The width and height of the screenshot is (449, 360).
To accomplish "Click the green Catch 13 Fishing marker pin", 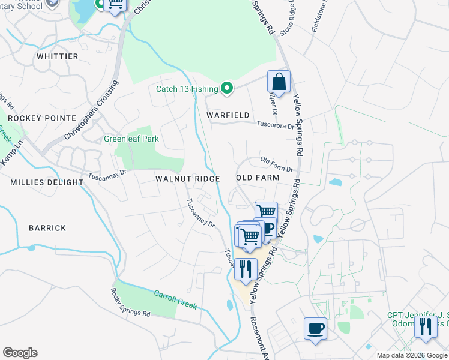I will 227,89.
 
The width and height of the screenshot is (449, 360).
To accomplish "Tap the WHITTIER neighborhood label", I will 58,56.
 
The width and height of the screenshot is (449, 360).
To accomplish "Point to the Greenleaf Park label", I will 131,139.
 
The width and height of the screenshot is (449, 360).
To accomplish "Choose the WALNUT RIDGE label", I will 187,179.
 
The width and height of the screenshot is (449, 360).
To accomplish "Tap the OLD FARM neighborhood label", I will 258,178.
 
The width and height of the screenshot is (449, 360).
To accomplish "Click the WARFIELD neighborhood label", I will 228,115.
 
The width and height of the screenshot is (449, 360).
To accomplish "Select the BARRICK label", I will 47,228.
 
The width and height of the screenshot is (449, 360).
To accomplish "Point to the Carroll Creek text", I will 175,299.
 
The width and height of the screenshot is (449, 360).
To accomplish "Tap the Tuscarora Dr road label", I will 276,126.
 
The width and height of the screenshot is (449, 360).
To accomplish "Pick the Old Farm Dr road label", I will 276,163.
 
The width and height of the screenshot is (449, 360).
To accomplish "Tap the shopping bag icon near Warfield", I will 279,82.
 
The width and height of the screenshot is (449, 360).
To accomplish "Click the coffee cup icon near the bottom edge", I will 316,329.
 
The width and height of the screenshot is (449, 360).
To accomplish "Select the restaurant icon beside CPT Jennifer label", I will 426,327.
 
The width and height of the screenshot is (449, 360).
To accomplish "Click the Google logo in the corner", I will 20,353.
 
